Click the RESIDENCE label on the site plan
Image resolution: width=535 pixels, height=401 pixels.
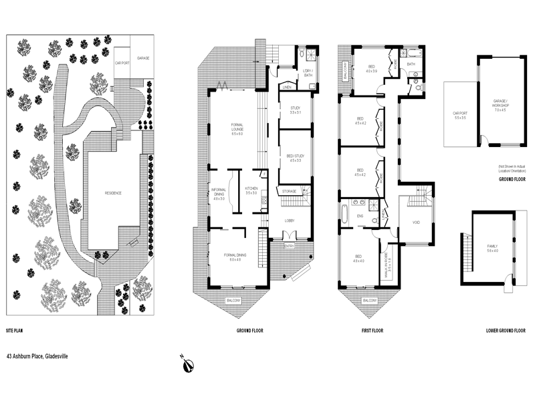pos(113,193)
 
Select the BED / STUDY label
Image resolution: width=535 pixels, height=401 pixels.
pos(295,158)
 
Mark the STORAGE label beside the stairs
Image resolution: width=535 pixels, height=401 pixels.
pos(289,191)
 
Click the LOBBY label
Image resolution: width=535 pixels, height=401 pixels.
pos(290,221)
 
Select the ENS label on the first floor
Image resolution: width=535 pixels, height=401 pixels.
pos(360,216)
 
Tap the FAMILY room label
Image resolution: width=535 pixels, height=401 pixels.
pos(492,249)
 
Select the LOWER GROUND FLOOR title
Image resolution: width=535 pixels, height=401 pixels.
pos(506,331)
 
